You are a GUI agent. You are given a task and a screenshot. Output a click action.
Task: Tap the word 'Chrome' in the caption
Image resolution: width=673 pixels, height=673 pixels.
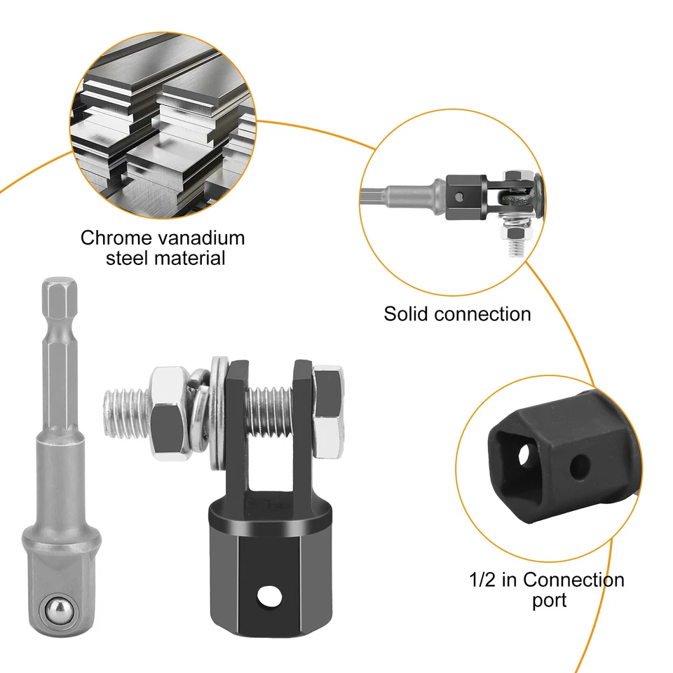pos(116,238)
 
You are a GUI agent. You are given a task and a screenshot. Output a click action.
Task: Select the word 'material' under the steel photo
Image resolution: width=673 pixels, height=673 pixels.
pos(189,258)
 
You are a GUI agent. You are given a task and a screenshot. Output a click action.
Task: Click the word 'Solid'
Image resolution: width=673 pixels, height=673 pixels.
pos(406,313)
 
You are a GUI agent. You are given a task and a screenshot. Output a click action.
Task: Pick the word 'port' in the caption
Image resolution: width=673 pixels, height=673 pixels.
pos(545,601)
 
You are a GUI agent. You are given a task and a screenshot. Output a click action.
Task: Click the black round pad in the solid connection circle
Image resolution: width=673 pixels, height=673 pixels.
pos(540,194)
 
